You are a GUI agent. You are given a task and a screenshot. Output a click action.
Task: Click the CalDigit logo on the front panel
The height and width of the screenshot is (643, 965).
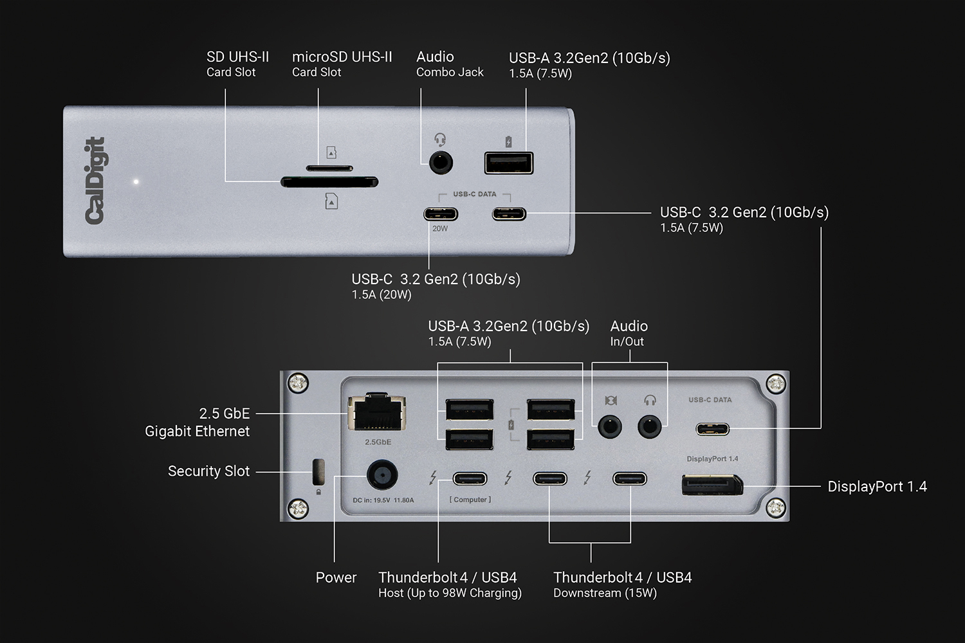point(95,181)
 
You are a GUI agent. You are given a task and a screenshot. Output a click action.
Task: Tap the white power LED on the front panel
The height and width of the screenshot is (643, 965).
point(136,182)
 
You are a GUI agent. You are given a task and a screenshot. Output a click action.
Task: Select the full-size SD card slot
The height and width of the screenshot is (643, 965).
point(329,183)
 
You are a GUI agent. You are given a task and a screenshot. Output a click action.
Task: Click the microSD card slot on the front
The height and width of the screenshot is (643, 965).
point(329,168)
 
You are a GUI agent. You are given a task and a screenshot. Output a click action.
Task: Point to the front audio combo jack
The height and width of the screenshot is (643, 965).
point(441,163)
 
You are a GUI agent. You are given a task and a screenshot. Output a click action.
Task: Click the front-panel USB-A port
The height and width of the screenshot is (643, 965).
point(509,163)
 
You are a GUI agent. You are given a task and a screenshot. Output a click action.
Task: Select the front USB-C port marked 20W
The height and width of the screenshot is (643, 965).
point(441,213)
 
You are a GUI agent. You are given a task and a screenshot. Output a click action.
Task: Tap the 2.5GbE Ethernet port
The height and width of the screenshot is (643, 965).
point(377,412)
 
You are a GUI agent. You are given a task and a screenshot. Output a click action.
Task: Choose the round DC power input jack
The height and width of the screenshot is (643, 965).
point(381,476)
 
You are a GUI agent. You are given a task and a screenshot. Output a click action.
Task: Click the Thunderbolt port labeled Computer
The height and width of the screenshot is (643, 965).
point(470,479)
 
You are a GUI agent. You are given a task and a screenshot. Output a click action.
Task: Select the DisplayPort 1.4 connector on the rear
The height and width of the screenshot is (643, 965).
point(712,484)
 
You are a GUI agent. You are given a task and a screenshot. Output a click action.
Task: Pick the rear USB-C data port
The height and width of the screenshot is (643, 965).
point(712,429)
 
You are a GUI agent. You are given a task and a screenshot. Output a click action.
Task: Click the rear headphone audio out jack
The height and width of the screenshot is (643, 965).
point(650,426)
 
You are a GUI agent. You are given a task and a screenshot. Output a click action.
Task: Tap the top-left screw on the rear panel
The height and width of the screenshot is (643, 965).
point(298,384)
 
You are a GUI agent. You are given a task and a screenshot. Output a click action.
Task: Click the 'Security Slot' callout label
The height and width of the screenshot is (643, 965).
point(208,471)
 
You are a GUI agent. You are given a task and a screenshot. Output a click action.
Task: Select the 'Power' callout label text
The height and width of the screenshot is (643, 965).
point(336,577)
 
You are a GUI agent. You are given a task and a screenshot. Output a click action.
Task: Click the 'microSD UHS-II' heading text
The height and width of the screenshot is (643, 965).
point(342,57)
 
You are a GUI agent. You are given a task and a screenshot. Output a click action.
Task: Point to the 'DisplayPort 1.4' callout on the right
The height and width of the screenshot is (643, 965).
point(877,487)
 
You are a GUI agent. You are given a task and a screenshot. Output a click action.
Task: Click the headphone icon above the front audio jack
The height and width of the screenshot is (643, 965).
point(440,140)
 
